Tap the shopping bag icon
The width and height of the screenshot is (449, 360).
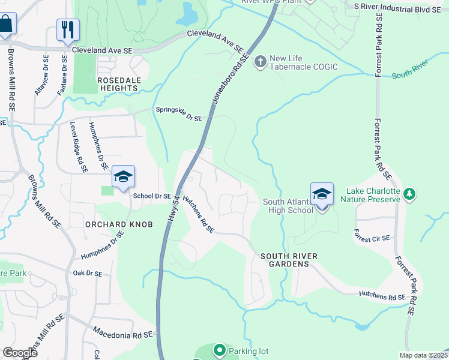click(x=6, y=25)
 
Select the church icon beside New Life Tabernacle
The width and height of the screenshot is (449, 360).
click(x=261, y=62)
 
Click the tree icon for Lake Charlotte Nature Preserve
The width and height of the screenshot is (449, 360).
click(x=409, y=194)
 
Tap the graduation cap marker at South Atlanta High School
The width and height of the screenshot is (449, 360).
click(x=322, y=193)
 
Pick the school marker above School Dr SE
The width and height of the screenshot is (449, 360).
click(x=123, y=177)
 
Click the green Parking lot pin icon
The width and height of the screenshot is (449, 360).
click(x=220, y=350)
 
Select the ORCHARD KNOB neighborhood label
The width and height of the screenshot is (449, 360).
click(x=119, y=224)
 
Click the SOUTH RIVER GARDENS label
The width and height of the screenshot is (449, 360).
click(x=289, y=260)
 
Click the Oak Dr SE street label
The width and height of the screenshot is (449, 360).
click(x=88, y=274)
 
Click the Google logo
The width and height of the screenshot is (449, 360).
click(x=20, y=353)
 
